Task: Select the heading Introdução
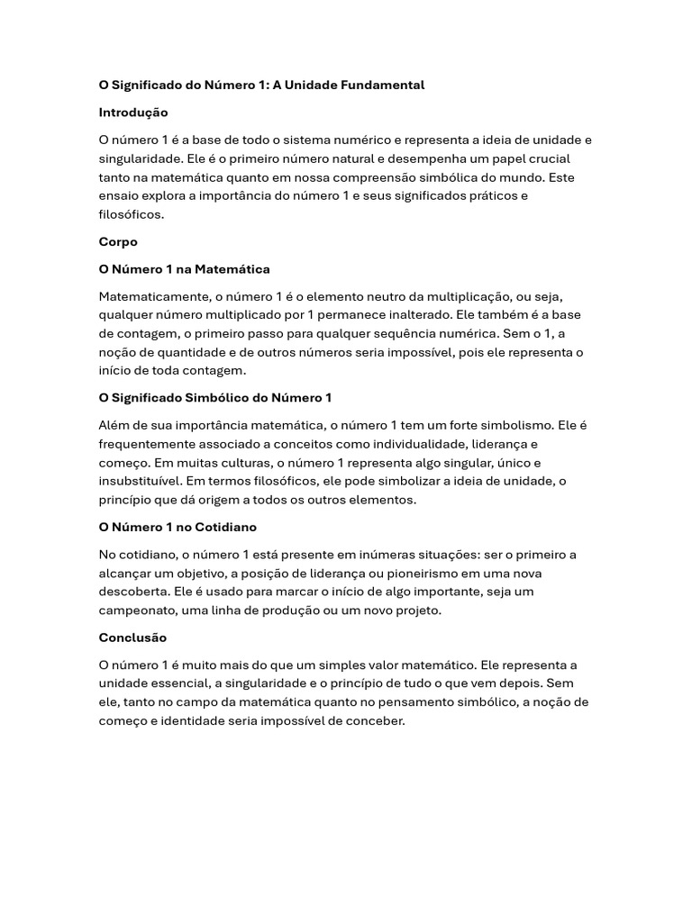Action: point(133,113)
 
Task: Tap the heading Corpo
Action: point(118,242)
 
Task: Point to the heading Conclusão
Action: point(132,637)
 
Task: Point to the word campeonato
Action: point(137,610)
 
